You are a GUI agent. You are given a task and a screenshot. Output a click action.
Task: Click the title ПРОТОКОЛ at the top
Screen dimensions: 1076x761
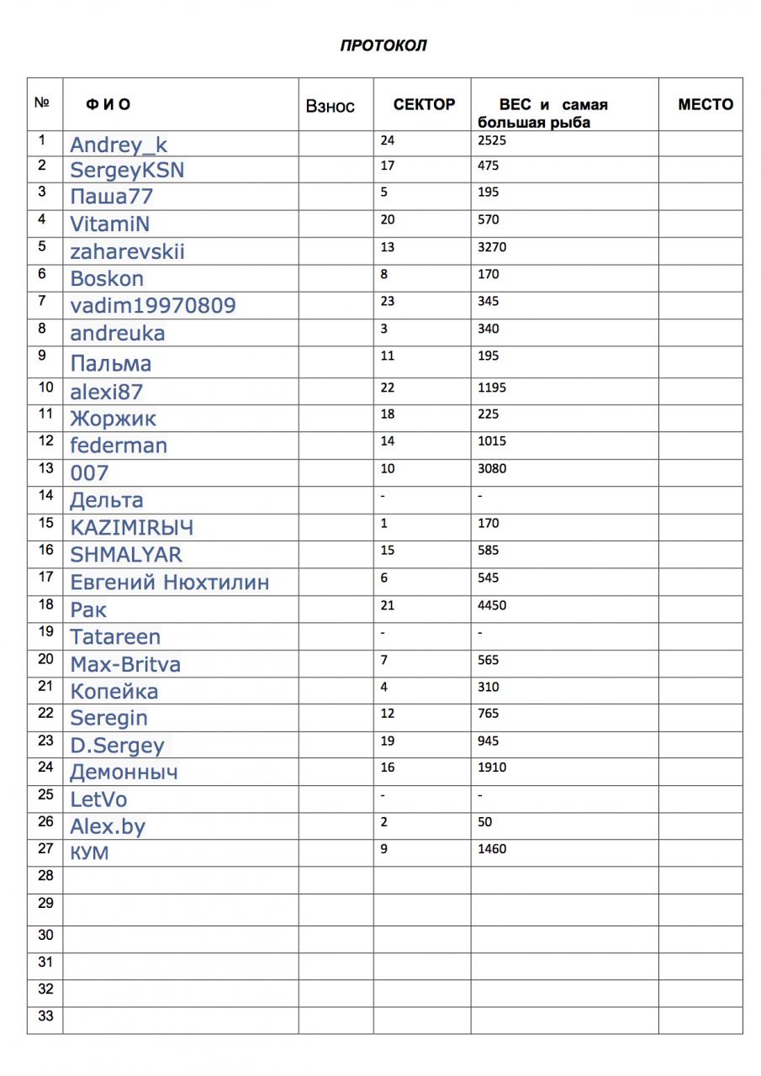coord(383,45)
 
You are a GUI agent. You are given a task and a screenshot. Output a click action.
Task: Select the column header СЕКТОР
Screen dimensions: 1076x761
coord(424,104)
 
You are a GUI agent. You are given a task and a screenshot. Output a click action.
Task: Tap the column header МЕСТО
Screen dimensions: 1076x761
coord(705,104)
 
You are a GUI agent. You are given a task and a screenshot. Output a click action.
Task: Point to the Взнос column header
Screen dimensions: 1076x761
coord(330,106)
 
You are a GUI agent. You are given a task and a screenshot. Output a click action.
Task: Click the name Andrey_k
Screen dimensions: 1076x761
coord(119,145)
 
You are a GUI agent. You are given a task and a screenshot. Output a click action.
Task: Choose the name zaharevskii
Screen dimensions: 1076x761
coord(127,251)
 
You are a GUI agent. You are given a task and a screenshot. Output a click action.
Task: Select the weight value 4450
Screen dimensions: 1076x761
coord(491,605)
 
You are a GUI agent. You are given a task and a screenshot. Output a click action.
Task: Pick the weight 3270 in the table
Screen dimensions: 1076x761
coord(491,247)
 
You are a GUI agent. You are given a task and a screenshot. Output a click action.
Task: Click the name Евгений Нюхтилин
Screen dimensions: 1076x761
coord(169,582)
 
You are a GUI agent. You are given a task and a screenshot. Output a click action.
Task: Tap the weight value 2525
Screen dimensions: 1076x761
coord(491,140)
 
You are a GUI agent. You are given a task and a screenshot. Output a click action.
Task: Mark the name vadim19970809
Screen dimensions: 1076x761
coord(152,305)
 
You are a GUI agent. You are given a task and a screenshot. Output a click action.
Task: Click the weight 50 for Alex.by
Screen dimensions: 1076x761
coord(484,822)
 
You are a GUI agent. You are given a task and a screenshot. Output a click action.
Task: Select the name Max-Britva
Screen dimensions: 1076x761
coord(125,664)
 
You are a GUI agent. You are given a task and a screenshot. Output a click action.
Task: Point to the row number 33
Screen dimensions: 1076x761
coord(45,1016)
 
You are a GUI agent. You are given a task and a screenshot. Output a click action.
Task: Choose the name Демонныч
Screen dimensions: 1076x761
coord(124,772)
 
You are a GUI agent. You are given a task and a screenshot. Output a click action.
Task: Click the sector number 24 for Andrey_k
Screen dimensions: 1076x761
coord(387,140)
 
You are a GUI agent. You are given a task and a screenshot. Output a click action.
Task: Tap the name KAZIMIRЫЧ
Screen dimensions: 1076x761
coord(131,527)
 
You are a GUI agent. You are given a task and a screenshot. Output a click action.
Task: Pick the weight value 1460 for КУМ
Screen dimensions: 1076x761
coord(491,849)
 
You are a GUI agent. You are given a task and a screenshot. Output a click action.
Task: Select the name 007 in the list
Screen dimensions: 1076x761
coord(89,472)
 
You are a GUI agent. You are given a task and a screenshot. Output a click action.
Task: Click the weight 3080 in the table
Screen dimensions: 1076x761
coord(491,468)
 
